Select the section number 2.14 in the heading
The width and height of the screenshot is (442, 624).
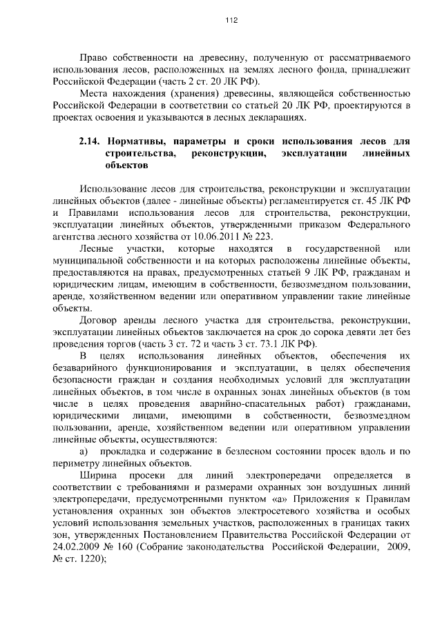tap(90, 141)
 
